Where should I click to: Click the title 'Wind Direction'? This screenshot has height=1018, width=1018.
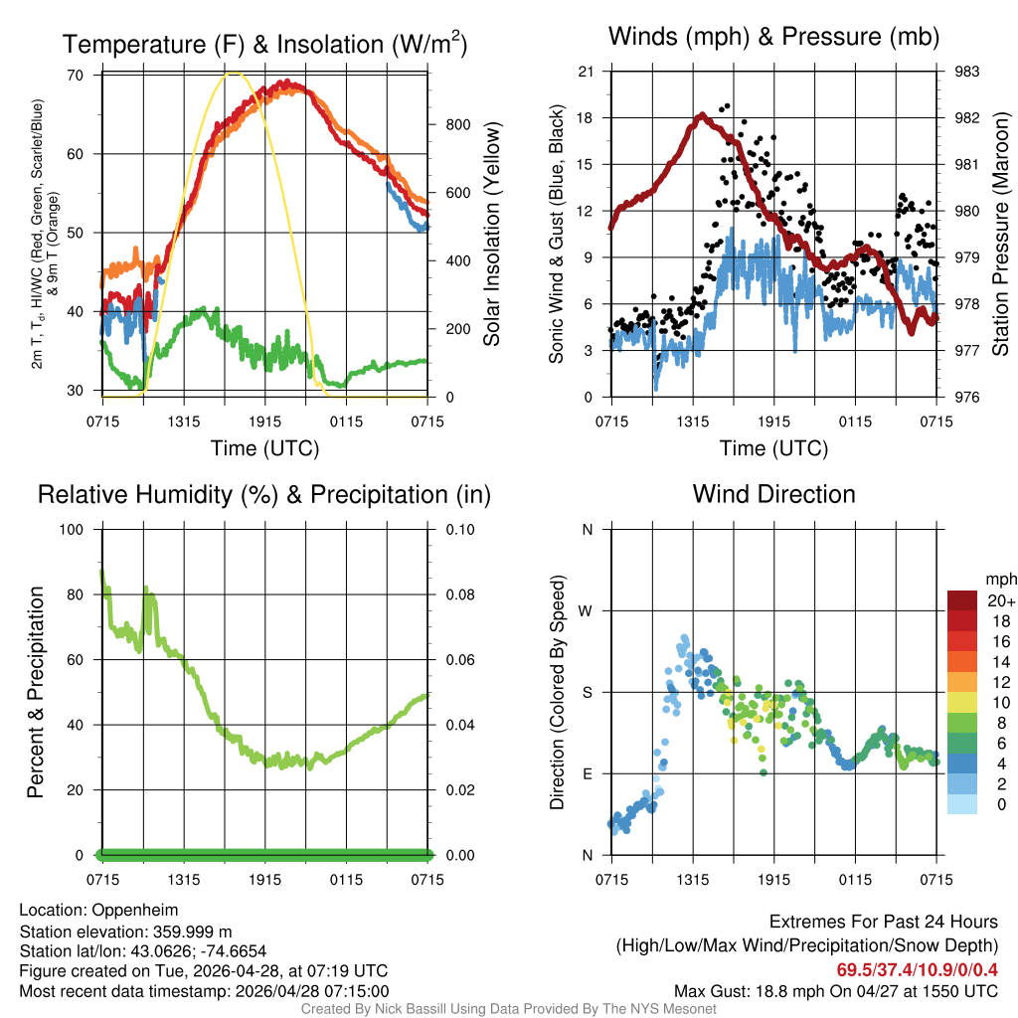point(773,494)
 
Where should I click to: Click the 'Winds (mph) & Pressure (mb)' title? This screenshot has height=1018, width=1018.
point(773,38)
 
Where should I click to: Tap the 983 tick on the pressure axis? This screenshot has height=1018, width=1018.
point(967,72)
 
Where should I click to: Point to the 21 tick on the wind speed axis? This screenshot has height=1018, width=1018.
point(587,72)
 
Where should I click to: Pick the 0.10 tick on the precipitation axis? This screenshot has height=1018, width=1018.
point(460,529)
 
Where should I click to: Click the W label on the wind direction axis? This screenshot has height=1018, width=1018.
point(588,610)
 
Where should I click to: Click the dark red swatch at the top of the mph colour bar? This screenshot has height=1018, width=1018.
point(962,600)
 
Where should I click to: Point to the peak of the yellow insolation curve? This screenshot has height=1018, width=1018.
point(234,73)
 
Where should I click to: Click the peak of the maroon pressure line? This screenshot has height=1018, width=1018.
point(702,115)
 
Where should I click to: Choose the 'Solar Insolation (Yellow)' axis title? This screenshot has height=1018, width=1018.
point(492,235)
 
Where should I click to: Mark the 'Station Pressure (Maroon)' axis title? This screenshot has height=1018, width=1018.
point(1001,235)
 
